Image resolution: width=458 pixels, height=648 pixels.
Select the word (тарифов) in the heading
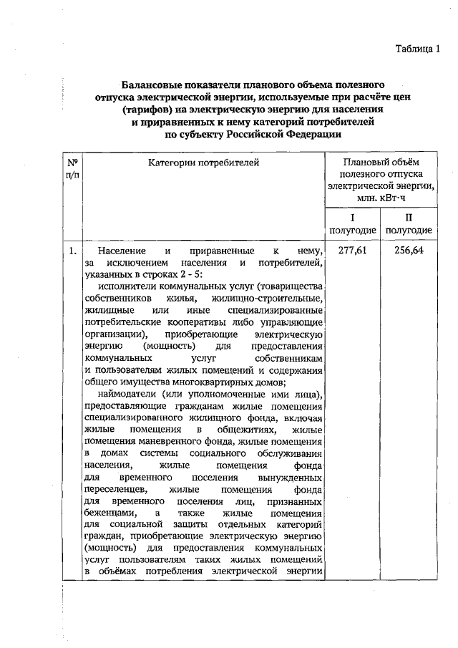coord(146,109)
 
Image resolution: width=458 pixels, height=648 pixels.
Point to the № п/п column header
coord(72,169)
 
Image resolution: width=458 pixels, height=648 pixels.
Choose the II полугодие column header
coord(408,223)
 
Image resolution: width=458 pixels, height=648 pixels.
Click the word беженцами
coord(108,513)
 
